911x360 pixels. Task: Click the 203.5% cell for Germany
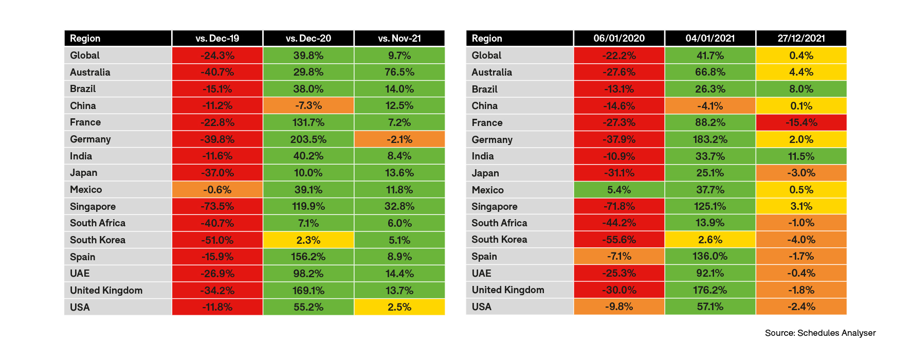pos(308,139)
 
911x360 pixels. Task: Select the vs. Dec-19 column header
pos(217,39)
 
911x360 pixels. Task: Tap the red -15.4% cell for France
pos(801,122)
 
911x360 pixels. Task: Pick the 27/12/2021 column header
pos(801,39)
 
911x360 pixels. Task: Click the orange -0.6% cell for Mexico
pos(217,190)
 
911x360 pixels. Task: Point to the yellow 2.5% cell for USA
pos(399,307)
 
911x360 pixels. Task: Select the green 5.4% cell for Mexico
pos(619,190)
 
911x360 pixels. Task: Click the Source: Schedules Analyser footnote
pos(820,333)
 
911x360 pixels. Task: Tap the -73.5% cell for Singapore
pos(217,206)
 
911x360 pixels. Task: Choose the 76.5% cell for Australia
pos(399,72)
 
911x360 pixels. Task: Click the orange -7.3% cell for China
pos(308,105)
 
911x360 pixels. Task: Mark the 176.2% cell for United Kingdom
pos(710,290)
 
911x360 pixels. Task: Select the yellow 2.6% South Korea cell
pos(710,240)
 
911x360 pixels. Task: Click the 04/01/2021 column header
pos(710,39)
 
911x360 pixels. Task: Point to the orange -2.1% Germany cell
pos(399,139)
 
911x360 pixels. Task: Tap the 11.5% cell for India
pos(801,156)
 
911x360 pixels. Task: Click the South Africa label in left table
pos(98,223)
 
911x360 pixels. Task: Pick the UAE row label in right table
pos(482,273)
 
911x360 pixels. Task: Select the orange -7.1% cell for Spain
pos(619,256)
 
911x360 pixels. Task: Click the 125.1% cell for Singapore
pos(710,206)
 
